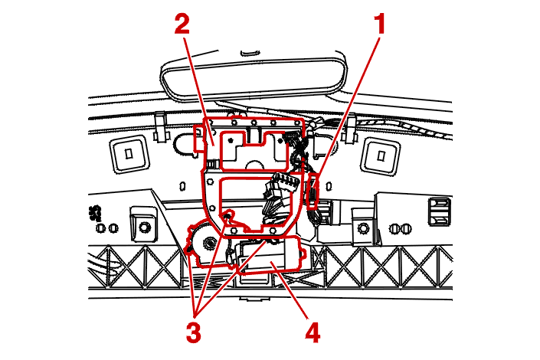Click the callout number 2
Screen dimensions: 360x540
tap(182, 24)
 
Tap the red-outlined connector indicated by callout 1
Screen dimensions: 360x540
tap(313, 191)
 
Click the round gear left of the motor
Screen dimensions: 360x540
tap(205, 241)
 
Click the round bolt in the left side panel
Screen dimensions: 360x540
tap(142, 227)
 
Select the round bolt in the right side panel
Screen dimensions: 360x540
tap(362, 227)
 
